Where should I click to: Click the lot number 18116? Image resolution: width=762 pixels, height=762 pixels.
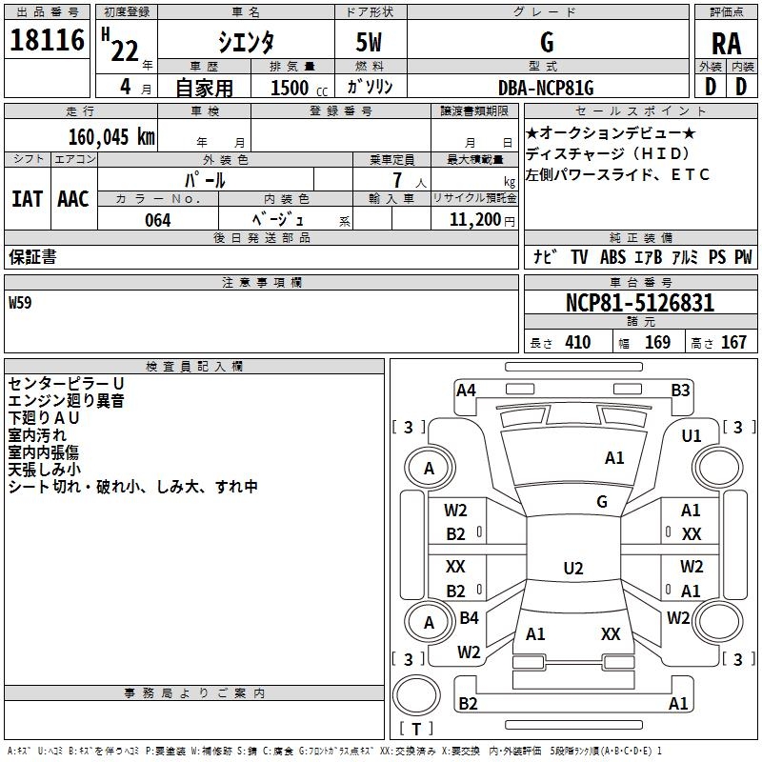pyautogui.click(x=47, y=41)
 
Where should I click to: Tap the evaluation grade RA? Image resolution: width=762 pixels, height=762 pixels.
pyautogui.click(x=726, y=44)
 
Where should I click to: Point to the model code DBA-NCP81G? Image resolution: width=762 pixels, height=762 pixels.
pyautogui.click(x=546, y=88)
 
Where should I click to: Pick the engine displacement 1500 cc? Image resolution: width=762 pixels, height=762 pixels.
pyautogui.click(x=295, y=88)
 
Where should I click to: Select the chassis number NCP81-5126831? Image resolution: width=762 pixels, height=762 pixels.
pyautogui.click(x=639, y=304)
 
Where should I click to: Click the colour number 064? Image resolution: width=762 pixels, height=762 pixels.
pyautogui.click(x=157, y=220)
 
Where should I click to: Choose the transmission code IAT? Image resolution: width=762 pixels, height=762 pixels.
pyautogui.click(x=27, y=199)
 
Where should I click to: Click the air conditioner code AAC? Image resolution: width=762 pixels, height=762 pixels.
pyautogui.click(x=72, y=199)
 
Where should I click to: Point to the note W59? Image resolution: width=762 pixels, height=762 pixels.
pyautogui.click(x=20, y=304)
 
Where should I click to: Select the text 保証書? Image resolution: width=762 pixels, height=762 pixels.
pyautogui.click(x=32, y=257)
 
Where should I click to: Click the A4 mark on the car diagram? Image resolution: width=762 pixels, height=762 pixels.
pyautogui.click(x=466, y=389)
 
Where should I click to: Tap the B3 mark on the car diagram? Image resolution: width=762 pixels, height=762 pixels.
pyautogui.click(x=680, y=390)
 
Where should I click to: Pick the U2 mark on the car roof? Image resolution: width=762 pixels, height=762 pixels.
pyautogui.click(x=572, y=569)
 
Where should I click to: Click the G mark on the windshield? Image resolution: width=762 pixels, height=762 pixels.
pyautogui.click(x=602, y=501)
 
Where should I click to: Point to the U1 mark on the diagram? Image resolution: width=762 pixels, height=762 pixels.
pyautogui.click(x=692, y=436)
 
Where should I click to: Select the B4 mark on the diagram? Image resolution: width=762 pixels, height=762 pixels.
pyautogui.click(x=469, y=618)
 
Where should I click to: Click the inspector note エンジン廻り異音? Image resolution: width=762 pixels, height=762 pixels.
pyautogui.click(x=66, y=401)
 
